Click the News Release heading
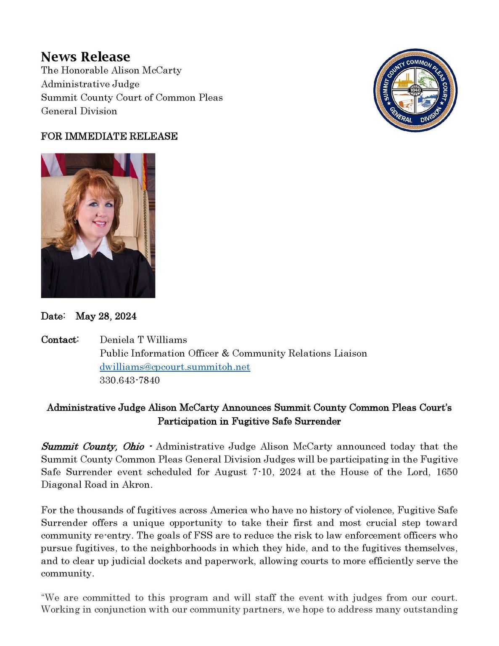85,57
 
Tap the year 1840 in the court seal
415,90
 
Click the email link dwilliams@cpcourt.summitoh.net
175,367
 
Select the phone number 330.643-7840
129,380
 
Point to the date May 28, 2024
106,316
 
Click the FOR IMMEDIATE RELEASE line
109,136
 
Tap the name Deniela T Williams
143,340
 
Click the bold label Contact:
60,340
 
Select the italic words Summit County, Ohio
92,447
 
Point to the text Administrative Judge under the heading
90,84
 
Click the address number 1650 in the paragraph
446,472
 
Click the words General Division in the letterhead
79,111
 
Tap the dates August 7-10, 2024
258,472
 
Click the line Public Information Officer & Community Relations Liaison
233,353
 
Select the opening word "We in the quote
50,598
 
